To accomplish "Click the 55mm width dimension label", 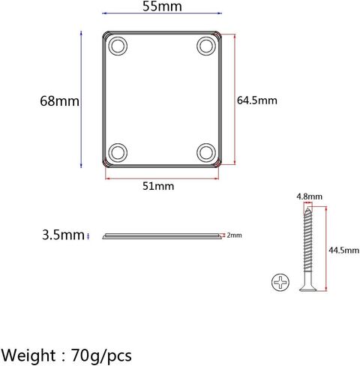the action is [162, 6].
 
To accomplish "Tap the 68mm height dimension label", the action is [59, 101].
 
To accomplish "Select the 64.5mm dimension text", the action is [257, 100].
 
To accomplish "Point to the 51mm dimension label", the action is [158, 186].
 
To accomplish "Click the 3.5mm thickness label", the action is [63, 235].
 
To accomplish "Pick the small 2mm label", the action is [234, 235].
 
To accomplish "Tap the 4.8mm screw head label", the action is [309, 196].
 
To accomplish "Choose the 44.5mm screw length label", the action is [343, 250].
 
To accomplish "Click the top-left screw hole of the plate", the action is [118, 46].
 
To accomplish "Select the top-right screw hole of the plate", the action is [206, 46].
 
